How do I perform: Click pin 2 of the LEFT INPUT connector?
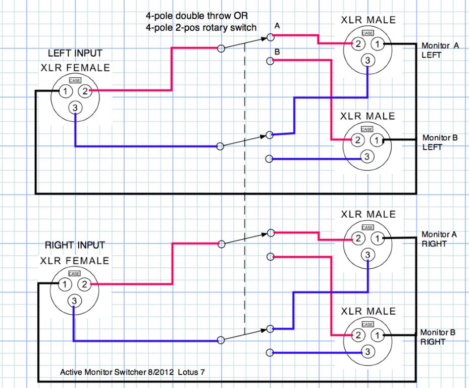(85, 91)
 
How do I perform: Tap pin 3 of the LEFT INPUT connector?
(75, 108)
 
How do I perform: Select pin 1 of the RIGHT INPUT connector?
(65, 284)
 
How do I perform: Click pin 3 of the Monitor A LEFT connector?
(368, 61)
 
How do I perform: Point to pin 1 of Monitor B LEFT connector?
(377, 140)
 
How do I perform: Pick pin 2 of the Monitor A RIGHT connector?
(358, 238)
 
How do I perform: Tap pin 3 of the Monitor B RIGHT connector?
(368, 352)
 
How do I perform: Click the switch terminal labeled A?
(270, 37)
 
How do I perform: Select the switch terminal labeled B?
(270, 61)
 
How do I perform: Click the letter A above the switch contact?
(277, 26)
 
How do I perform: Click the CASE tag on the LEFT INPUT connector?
(75, 80)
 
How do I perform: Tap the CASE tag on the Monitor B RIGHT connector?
(368, 324)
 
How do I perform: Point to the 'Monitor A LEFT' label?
(440, 51)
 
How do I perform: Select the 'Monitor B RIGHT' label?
(438, 337)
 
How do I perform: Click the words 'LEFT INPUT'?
(75, 53)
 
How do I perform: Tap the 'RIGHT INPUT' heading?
(75, 245)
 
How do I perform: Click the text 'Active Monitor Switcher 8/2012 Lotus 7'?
(132, 372)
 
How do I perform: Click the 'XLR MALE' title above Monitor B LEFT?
(368, 116)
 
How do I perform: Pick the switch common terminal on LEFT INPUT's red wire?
(221, 48)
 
